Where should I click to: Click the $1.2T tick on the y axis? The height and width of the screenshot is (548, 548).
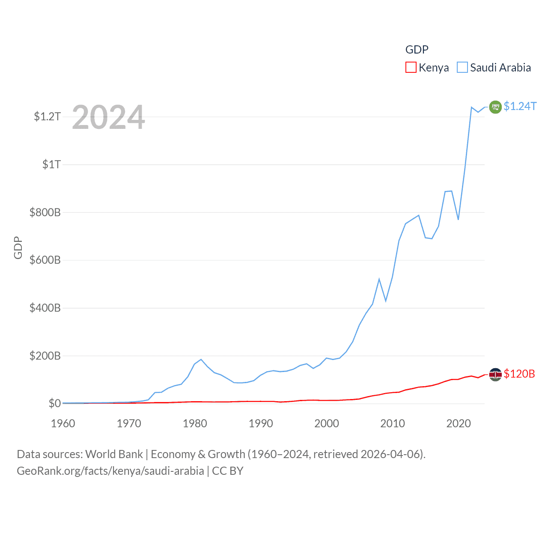click(47, 116)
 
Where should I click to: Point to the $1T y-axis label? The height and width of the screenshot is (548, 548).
click(51, 164)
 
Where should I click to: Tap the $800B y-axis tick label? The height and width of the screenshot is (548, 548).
click(45, 212)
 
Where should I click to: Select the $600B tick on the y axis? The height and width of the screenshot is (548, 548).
click(45, 260)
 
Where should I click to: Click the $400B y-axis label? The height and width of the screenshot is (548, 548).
click(45, 308)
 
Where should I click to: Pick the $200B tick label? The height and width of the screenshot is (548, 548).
click(45, 356)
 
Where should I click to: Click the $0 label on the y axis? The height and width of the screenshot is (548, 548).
click(54, 403)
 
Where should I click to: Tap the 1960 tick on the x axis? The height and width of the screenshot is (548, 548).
click(63, 423)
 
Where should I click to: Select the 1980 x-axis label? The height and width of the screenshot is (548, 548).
click(195, 423)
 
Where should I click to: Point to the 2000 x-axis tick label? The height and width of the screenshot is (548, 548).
click(327, 423)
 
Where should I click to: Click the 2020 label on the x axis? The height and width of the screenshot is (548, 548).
click(459, 423)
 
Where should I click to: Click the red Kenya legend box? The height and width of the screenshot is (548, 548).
click(411, 68)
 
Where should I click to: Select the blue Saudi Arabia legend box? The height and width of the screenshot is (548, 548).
click(462, 68)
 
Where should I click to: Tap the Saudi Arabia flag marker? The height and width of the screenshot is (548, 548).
click(495, 107)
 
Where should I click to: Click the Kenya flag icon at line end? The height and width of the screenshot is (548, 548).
click(495, 374)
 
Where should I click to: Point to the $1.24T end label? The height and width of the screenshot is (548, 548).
click(520, 106)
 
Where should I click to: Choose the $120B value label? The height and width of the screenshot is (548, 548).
click(519, 374)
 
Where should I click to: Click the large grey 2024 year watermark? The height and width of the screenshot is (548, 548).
click(108, 117)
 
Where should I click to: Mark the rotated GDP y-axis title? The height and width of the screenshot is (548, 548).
click(18, 247)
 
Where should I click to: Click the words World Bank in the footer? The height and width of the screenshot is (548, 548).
click(114, 454)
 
